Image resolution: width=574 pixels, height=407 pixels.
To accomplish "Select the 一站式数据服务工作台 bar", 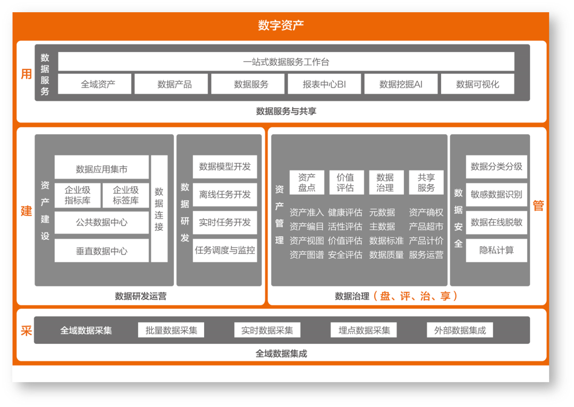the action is point(286,62).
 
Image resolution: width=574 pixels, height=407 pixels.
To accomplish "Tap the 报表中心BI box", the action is point(324,84).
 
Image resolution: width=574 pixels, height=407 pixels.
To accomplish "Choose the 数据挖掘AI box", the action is point(401,84).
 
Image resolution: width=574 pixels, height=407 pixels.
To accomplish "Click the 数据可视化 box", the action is point(477,84).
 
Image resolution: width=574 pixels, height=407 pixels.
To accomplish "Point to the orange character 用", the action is point(26,74).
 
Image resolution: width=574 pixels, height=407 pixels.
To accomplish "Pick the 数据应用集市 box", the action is point(102,169).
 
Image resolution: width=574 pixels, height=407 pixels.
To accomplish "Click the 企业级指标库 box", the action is point(78,195).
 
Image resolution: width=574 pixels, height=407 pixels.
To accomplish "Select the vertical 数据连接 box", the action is point(159,209).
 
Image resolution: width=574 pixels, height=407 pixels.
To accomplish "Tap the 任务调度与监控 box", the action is point(225,250).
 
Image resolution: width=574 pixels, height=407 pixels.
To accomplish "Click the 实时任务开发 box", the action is point(225,222).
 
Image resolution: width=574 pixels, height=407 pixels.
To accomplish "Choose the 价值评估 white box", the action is point(346,182).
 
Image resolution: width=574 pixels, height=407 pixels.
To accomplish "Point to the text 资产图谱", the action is point(307,255).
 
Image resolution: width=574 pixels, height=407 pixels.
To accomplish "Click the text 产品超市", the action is point(426,227).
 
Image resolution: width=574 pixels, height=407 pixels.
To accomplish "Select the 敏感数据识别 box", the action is point(496,194).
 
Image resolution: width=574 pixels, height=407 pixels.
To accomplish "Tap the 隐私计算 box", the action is point(496,250).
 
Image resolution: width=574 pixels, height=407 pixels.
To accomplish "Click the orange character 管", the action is point(538,206).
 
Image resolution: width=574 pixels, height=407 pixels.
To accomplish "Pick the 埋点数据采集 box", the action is point(364,330).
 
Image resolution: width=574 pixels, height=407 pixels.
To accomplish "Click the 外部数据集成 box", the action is point(460,330).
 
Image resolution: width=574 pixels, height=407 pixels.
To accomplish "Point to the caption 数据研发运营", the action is point(140,296).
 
